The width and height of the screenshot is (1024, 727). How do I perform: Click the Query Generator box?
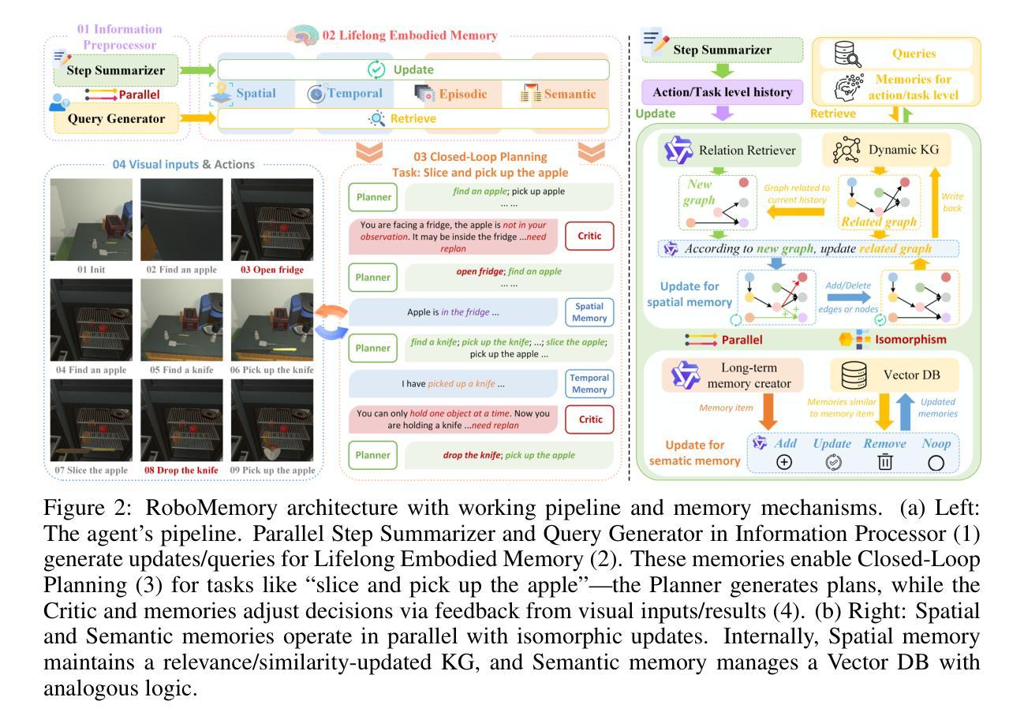pos(116,118)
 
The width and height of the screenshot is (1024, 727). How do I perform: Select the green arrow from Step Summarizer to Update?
pos(197,70)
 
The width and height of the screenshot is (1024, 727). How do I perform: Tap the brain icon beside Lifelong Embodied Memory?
pos(303,35)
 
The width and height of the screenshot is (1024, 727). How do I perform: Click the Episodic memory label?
pos(462,94)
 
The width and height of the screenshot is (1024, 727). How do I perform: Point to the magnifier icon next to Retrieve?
pos(376,118)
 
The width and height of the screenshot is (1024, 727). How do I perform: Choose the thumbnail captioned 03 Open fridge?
pos(272,219)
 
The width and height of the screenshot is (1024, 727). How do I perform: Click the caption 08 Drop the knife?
pos(181,470)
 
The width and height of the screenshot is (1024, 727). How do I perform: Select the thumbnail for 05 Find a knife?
pos(181,320)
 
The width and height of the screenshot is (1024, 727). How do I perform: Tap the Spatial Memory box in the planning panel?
pos(589,312)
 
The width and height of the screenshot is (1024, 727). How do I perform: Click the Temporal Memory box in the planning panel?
pos(589,383)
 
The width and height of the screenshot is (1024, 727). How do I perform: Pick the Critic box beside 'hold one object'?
pos(590,419)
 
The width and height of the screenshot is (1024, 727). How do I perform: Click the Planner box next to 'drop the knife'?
pos(372,455)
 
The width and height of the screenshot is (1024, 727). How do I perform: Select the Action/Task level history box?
pos(723,92)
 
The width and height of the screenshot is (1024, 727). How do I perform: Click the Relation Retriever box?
pos(730,150)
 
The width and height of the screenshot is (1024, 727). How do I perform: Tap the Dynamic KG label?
pos(903,149)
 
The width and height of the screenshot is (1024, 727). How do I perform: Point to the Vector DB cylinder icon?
pos(854,375)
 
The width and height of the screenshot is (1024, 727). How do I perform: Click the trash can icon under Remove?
pos(884,461)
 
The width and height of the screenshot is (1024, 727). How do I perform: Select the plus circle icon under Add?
pos(784,462)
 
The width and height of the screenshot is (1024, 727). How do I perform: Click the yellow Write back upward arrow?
pos(936,203)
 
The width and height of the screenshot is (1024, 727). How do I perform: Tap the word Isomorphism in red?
pos(910,340)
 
